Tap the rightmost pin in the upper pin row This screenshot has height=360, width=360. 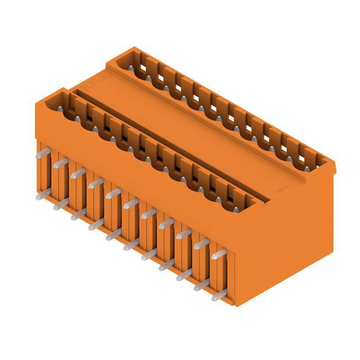pyautogui.click(x=218, y=254)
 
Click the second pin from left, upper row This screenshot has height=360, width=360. pyautogui.click(x=60, y=163)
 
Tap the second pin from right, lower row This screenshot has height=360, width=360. pyautogui.click(x=201, y=285)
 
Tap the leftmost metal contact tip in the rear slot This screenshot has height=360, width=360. pyautogui.click(x=131, y=68)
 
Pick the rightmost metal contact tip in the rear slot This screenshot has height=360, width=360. pyautogui.click(x=307, y=167)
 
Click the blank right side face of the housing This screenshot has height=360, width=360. pyautogui.click(x=292, y=236)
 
